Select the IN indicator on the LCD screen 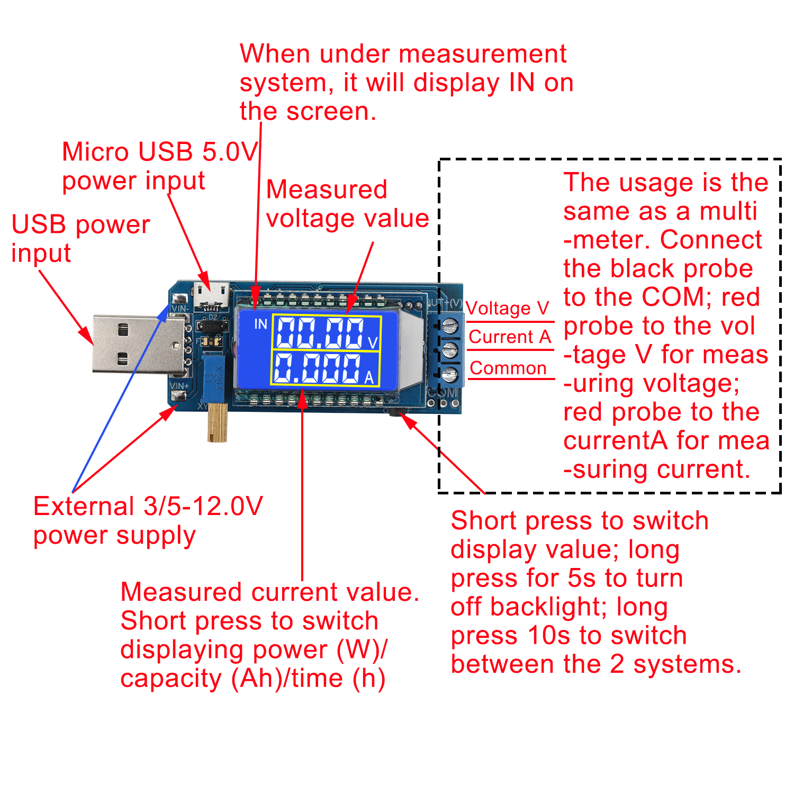tap(260, 324)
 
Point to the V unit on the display tap(372, 343)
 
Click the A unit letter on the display tap(369, 377)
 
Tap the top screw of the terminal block tap(449, 324)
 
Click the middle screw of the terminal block tap(449, 349)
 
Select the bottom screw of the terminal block tap(449, 375)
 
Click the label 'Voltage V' tap(507, 309)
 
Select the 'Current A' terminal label tap(510, 337)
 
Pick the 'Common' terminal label tap(508, 368)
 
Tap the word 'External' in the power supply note tap(84, 507)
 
